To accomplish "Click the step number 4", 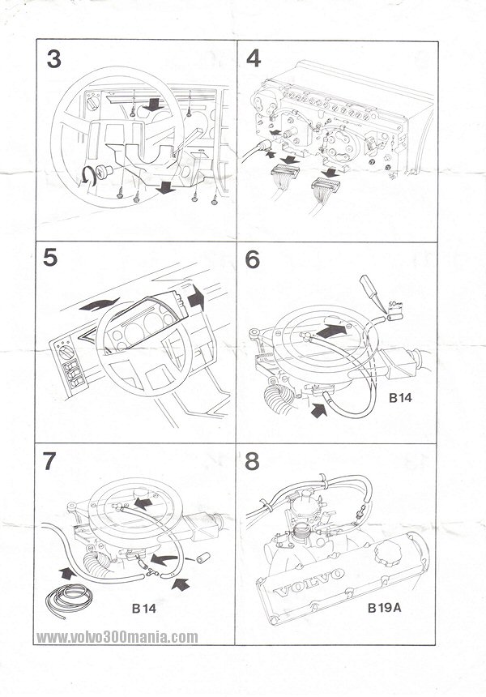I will click(254, 61).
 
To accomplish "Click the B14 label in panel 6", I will click(402, 399).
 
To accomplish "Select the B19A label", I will click(384, 606).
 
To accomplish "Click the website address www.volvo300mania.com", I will click(117, 637).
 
